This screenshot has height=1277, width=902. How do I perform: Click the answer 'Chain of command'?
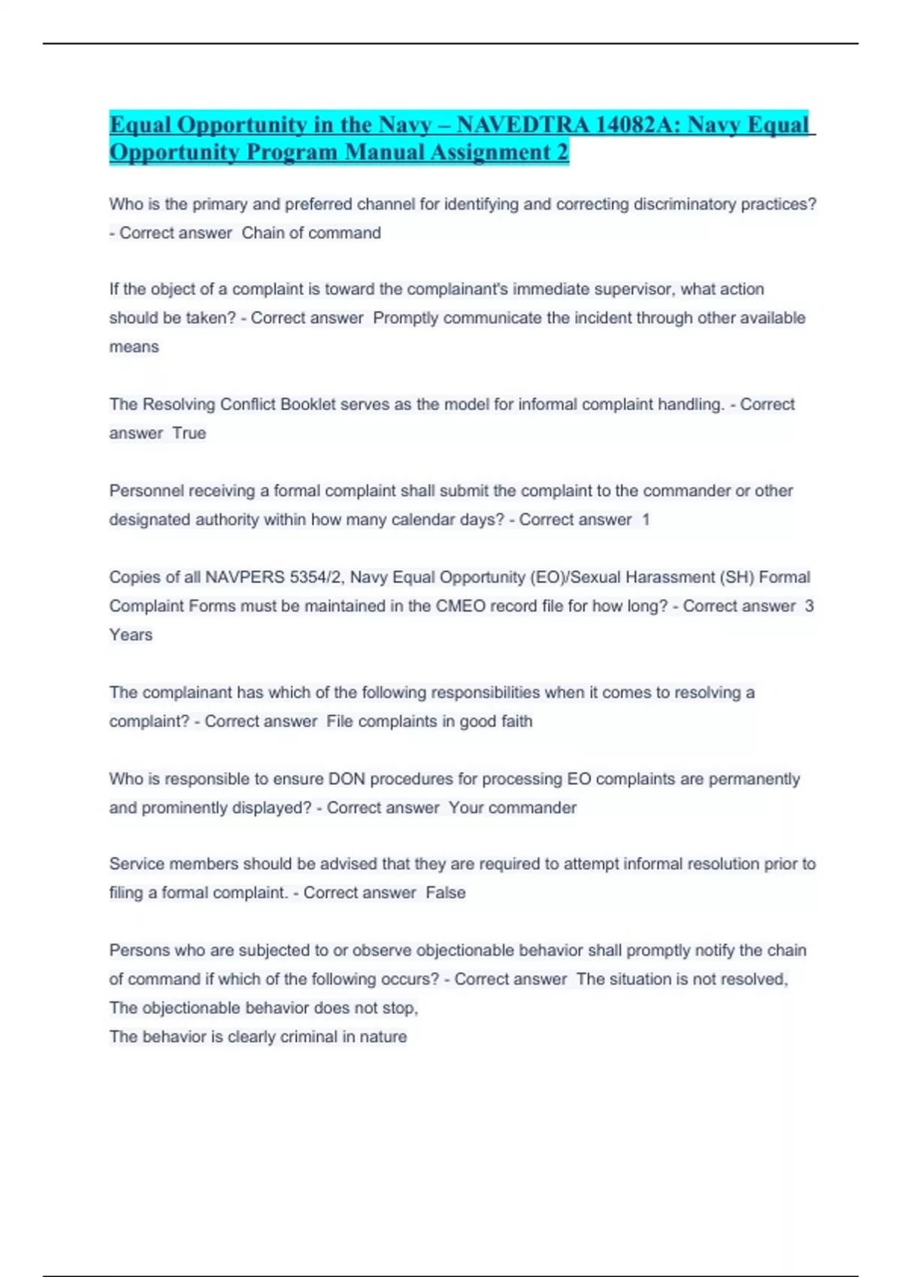point(311,233)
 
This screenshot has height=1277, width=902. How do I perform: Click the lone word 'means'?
point(134,347)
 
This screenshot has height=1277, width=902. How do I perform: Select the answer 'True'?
point(189,433)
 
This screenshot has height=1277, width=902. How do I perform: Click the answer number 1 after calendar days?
point(646,520)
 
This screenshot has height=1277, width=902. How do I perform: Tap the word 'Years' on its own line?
point(131,635)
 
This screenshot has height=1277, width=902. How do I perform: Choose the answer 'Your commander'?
point(513,808)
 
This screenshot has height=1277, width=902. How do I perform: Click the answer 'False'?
point(446,892)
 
